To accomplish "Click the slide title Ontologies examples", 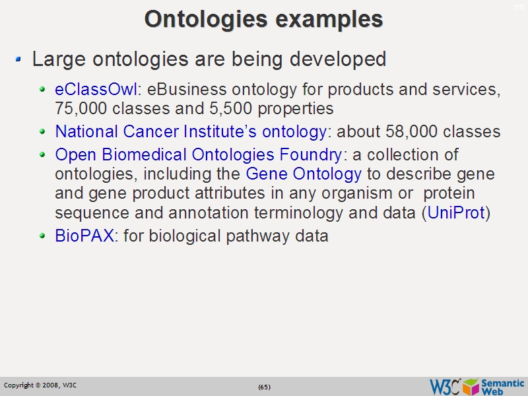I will click(263, 18).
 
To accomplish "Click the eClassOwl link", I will click(96, 89).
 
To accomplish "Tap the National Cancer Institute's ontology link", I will click(190, 132).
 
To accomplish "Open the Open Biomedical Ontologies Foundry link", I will click(199, 155).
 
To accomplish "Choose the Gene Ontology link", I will click(303, 174).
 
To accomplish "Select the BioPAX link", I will click(84, 236).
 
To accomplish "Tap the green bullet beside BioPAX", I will click(43, 235).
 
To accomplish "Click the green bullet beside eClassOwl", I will click(43, 88).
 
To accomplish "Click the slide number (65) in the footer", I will click(264, 387).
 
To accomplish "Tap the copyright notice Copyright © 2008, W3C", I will click(40, 385).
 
